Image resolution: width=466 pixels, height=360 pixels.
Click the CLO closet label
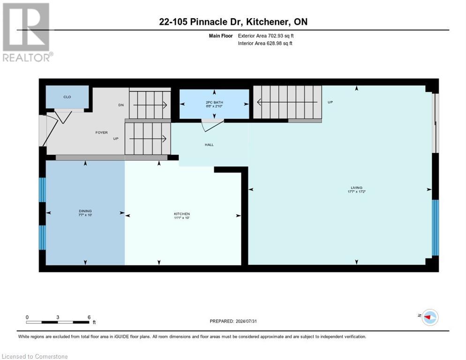67,97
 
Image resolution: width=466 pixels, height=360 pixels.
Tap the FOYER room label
102,132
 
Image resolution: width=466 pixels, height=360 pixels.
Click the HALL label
209,144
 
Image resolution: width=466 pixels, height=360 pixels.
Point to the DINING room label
85,211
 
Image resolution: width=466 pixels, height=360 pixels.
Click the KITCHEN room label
182,214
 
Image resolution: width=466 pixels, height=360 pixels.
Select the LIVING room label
356,187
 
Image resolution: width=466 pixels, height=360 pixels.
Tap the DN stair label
121,105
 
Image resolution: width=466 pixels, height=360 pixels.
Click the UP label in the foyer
116,139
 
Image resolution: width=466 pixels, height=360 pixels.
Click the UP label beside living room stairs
330,102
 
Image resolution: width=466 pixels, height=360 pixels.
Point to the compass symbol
429,317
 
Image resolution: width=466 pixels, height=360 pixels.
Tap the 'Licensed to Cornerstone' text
35,356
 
